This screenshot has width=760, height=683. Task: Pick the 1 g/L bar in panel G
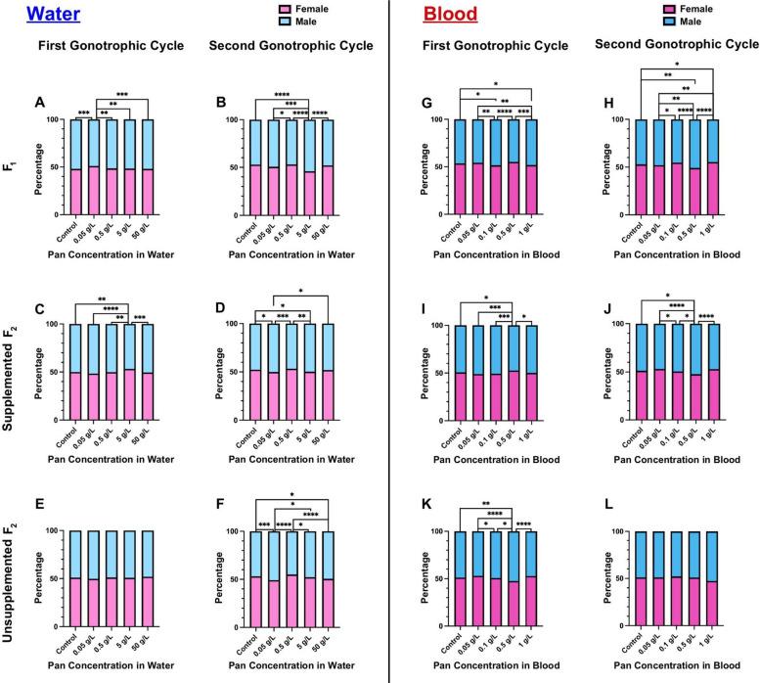(529, 167)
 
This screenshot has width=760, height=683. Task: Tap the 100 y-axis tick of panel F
(231, 531)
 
